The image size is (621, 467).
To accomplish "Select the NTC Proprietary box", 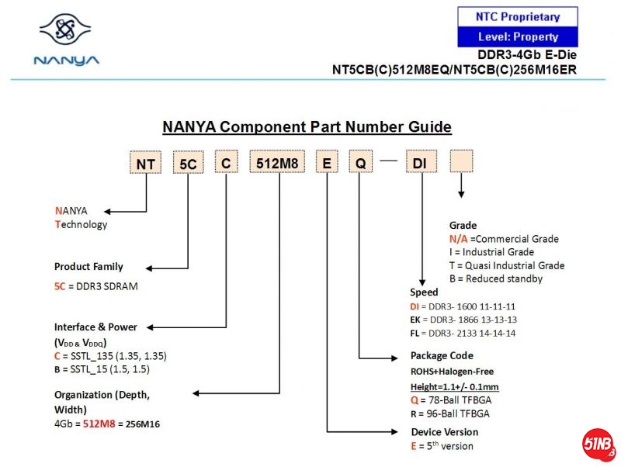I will click(518, 16).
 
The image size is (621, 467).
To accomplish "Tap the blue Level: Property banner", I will click(518, 36).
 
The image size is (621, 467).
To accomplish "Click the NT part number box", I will click(145, 163).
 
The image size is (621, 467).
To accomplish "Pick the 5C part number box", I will click(188, 163).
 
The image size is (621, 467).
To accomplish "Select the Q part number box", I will click(360, 163).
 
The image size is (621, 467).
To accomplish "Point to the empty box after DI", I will click(462, 162).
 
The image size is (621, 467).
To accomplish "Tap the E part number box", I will click(327, 163).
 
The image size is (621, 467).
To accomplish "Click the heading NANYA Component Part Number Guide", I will click(307, 127).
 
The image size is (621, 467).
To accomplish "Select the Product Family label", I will click(88, 267).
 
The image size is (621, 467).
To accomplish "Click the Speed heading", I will click(424, 292).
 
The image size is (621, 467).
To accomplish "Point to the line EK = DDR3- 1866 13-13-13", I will click(463, 320).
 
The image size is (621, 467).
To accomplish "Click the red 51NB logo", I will click(598, 445).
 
